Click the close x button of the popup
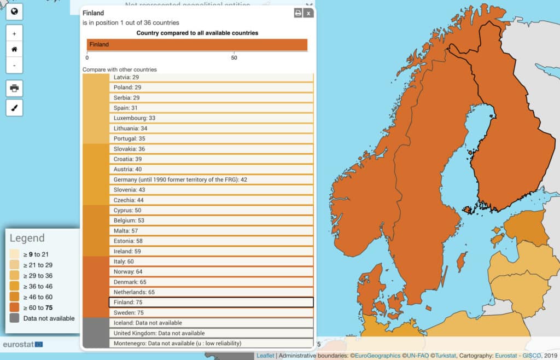(x=308, y=13)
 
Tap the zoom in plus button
(x=14, y=33)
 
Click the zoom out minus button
(x=14, y=65)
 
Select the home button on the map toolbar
(x=14, y=49)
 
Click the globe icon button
(x=14, y=11)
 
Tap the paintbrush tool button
(x=14, y=107)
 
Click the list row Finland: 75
(x=211, y=302)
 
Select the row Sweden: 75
(x=211, y=312)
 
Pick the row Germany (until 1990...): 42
(x=211, y=179)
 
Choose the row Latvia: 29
(x=211, y=78)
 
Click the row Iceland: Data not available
(x=211, y=323)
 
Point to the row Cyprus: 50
(x=211, y=210)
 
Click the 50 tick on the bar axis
(x=234, y=57)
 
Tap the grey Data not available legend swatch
(x=14, y=318)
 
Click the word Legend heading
(x=27, y=239)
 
